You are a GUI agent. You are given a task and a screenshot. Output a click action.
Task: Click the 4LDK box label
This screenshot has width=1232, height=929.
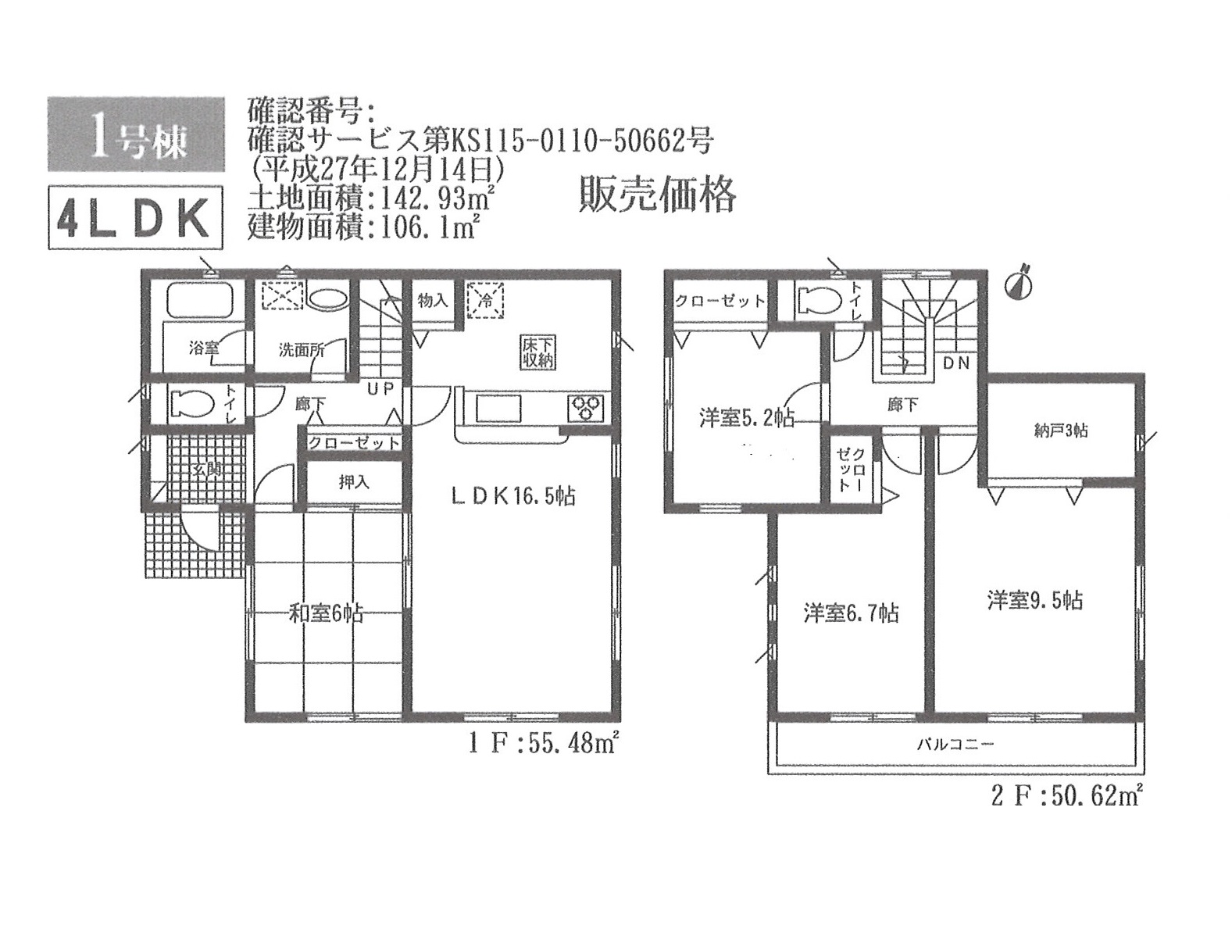135,218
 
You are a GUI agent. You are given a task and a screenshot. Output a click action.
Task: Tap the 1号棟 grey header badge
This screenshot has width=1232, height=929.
136,134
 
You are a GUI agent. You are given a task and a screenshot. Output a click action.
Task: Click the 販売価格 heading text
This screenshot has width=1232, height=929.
657,195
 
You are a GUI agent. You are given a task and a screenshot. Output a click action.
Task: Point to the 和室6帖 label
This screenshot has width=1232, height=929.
326,613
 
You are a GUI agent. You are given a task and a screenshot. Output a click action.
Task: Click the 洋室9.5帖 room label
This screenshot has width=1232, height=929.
1036,601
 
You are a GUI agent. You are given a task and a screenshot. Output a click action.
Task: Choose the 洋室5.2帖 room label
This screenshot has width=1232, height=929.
747,419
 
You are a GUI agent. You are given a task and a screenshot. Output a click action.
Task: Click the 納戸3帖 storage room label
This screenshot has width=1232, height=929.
1061,431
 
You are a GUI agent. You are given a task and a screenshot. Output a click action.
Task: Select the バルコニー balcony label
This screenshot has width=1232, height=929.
956,745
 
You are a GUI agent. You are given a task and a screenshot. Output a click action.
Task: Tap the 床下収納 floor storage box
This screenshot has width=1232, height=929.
537,352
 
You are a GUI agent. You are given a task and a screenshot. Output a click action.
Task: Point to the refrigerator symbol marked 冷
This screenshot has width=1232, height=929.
485,300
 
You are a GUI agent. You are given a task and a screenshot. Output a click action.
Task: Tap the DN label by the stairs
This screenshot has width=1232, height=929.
956,363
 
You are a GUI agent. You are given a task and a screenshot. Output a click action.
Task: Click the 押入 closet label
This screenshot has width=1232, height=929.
354,482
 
